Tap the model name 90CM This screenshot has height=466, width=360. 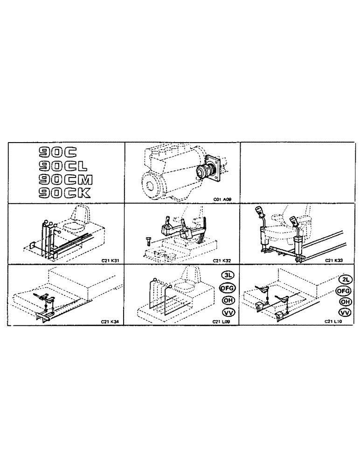[x=66, y=179]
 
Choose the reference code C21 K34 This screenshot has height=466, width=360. [x=110, y=321]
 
